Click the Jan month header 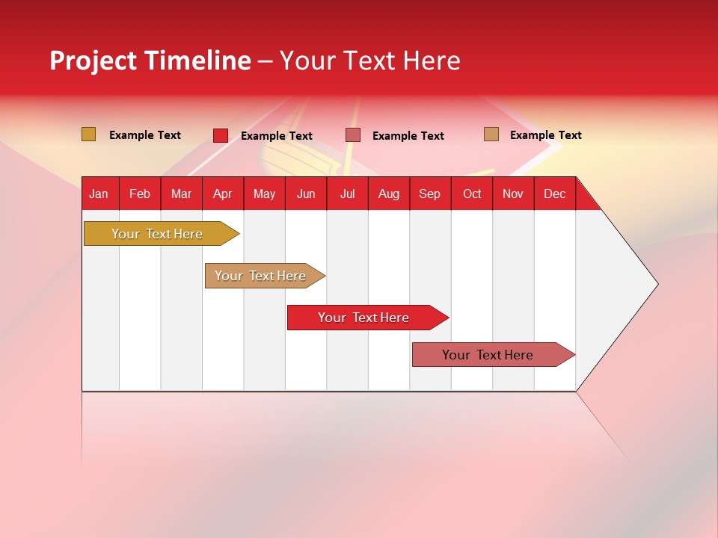[99, 194]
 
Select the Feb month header [140, 194]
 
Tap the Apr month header [223, 194]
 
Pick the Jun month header [306, 194]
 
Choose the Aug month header [389, 194]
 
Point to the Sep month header [430, 194]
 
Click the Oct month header [472, 194]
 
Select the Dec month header [555, 194]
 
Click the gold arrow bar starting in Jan [158, 234]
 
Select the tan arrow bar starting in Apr [261, 276]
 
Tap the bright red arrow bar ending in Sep [364, 318]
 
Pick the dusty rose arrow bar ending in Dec [488, 355]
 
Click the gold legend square [89, 134]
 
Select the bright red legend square [221, 135]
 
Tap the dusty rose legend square [353, 135]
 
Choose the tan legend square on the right [491, 134]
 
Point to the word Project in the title [92, 61]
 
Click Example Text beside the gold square [145, 135]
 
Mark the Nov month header [513, 194]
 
